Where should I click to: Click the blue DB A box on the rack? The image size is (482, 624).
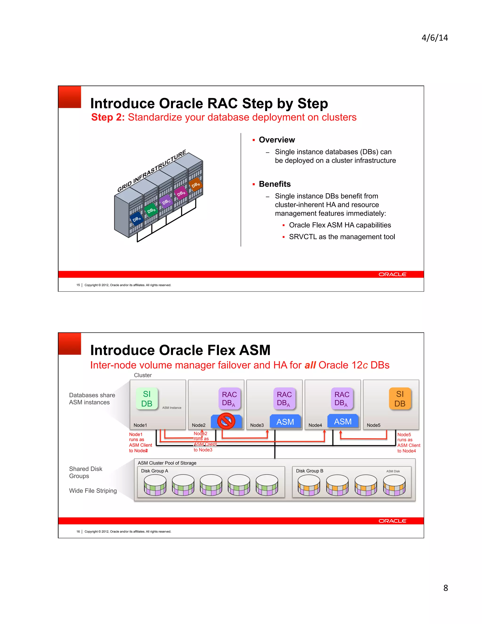pos(137,219)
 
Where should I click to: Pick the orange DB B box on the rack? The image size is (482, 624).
pos(196,185)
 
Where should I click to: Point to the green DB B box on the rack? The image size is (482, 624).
pos(151,210)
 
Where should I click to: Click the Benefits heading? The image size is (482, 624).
pos(274,184)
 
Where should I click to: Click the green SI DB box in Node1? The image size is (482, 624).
pos(147,399)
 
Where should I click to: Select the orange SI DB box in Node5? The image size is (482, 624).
pos(400,399)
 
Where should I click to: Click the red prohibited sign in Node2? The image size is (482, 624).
pos(226,421)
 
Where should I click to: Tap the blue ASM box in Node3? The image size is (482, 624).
pos(285,422)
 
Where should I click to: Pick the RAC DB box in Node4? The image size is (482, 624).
pos(342,399)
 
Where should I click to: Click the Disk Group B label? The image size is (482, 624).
pos(309,471)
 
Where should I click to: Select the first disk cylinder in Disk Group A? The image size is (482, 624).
pos(155,485)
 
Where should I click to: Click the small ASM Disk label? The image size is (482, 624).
pos(393,471)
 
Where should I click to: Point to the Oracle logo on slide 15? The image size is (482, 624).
pos(392,274)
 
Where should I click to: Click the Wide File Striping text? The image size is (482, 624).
pos(93,490)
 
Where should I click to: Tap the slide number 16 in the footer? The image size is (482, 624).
pos(78,531)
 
